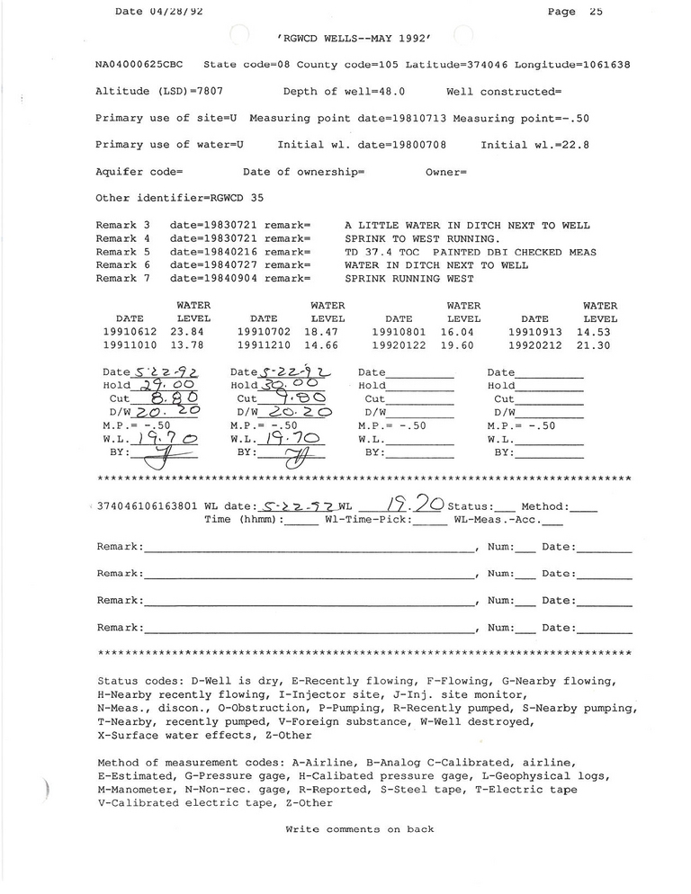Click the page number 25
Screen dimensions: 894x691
pyautogui.click(x=596, y=12)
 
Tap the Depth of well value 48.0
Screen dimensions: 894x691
pyautogui.click(x=389, y=92)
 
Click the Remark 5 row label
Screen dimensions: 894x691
pyautogui.click(x=122, y=252)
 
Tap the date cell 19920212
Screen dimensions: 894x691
pyautogui.click(x=534, y=345)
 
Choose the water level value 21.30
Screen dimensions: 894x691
pyautogui.click(x=600, y=345)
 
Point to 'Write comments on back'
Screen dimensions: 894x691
pyautogui.click(x=359, y=829)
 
